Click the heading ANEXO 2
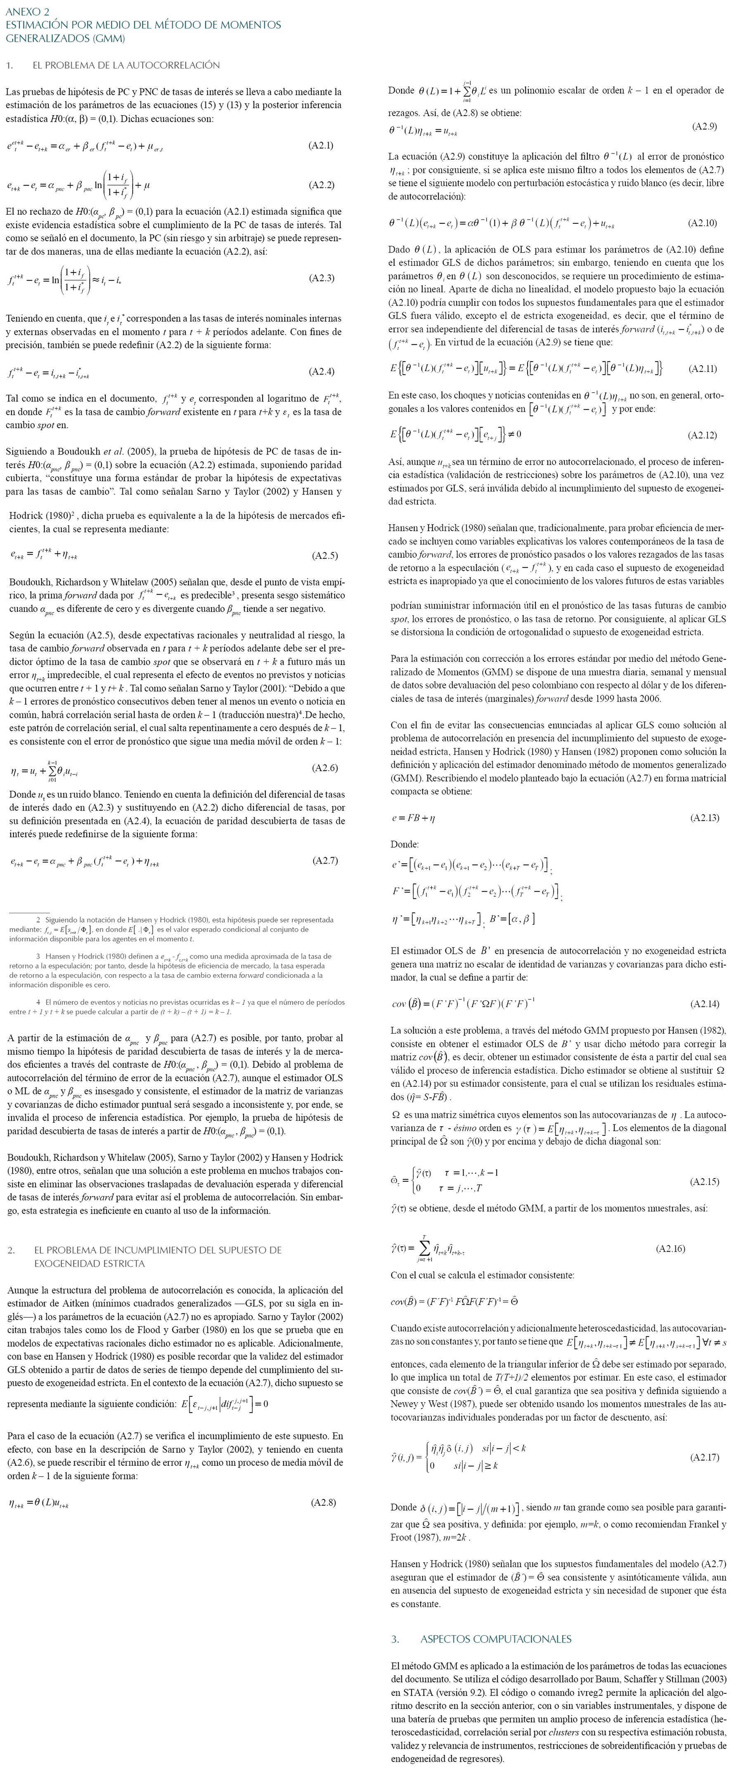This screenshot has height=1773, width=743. [x=28, y=12]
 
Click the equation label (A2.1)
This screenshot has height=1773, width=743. [x=321, y=145]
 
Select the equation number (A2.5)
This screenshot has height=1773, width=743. [x=325, y=556]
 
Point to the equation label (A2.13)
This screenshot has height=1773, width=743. [x=705, y=818]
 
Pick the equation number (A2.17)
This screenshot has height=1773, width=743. [x=705, y=1457]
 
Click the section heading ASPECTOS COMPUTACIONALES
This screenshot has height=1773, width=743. [x=495, y=1639]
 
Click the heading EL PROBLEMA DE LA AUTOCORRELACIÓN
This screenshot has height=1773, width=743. [x=126, y=65]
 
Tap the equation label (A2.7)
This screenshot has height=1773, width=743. [x=325, y=860]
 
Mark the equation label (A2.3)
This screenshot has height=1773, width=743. [x=321, y=278]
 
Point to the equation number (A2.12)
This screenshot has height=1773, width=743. [x=703, y=435]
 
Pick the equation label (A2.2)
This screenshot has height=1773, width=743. [x=321, y=185]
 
